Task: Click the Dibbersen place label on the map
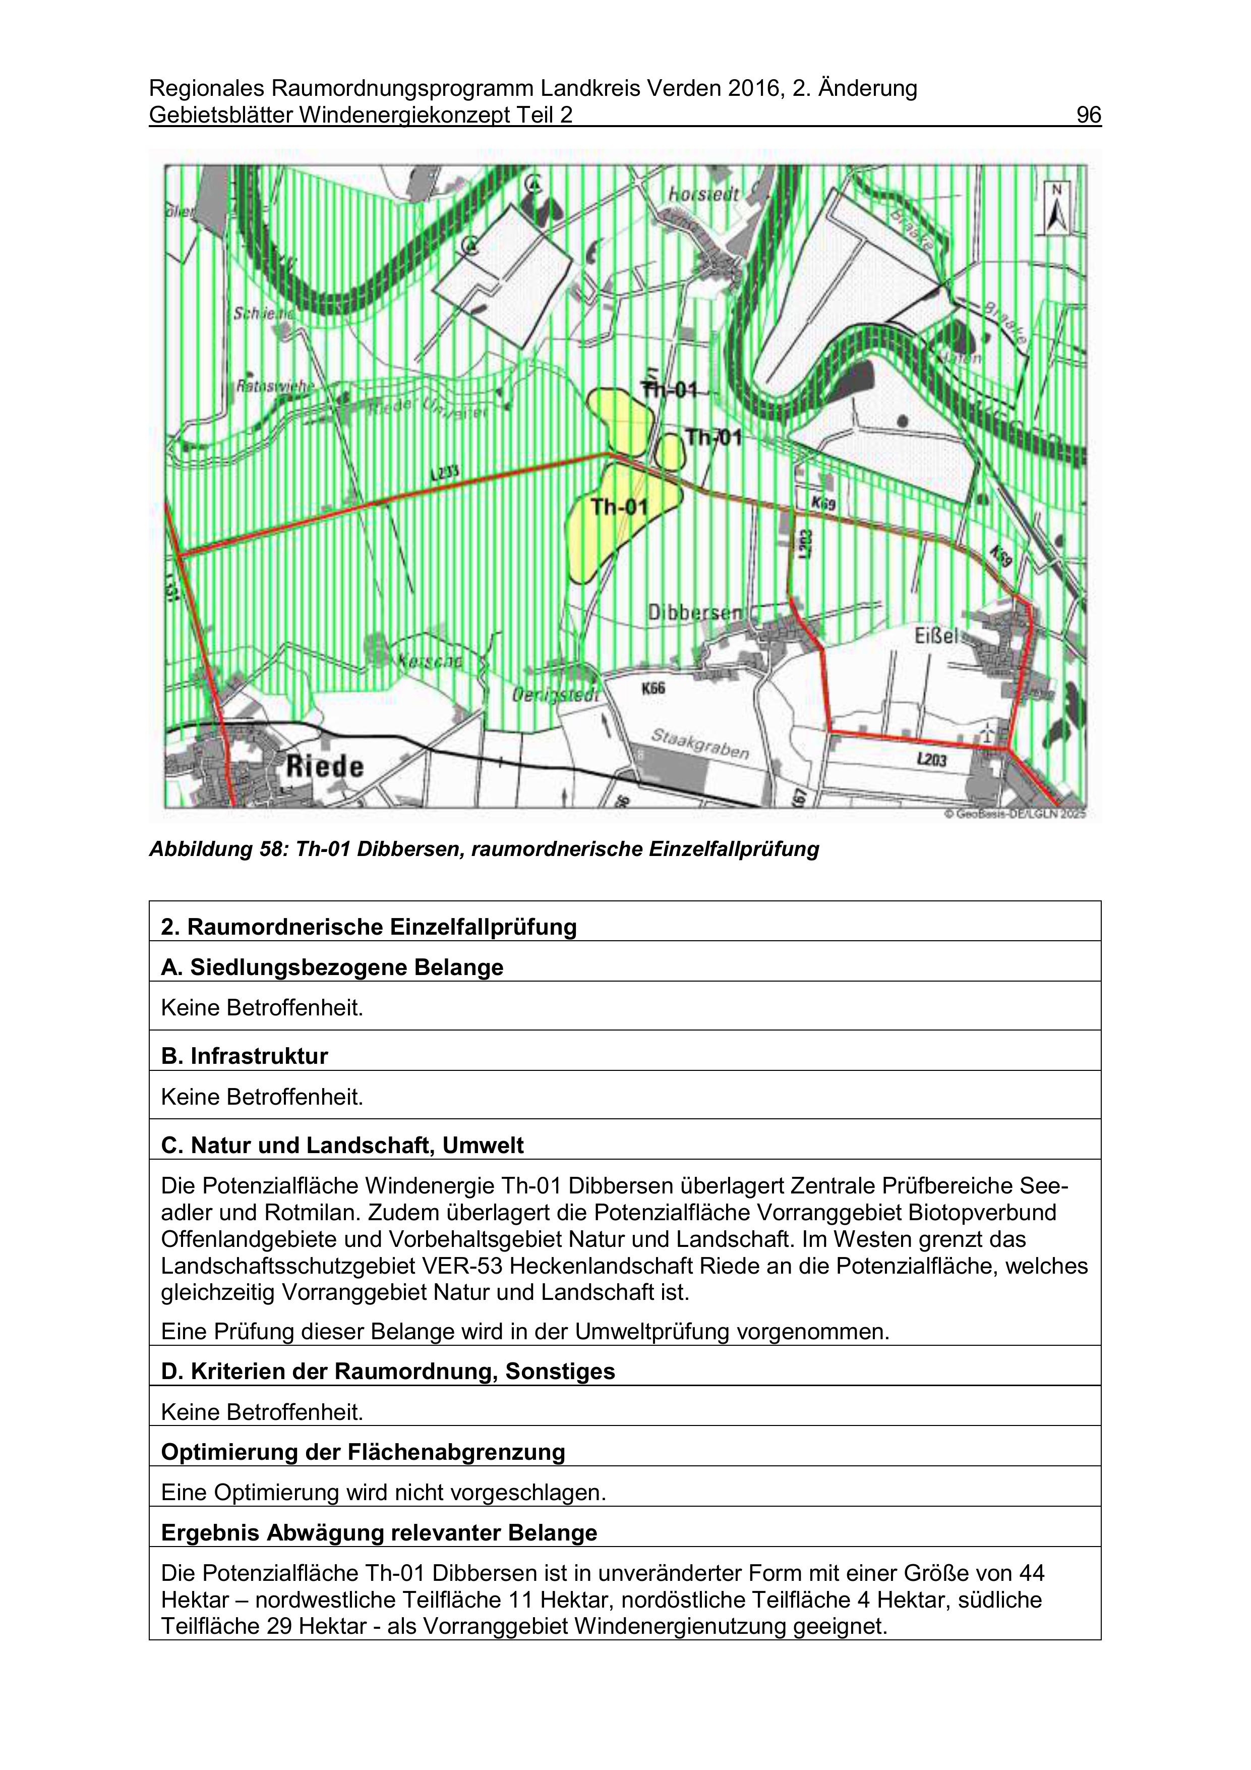click(694, 613)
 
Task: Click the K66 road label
click(653, 689)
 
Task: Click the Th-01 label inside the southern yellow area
click(619, 506)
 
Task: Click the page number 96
click(1088, 115)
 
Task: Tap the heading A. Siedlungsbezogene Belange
click(331, 967)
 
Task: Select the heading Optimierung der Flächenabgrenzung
click(362, 1452)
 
